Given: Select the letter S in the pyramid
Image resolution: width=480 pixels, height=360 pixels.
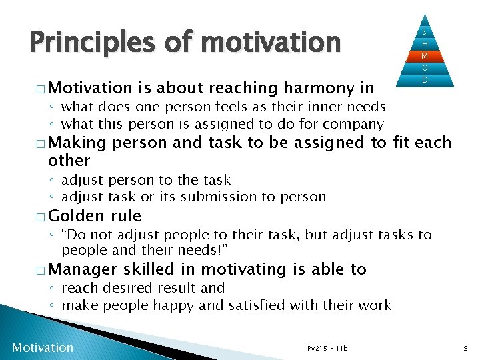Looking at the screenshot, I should pos(424,31).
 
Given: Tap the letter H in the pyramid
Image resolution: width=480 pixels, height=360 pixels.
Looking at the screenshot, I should pos(424,43).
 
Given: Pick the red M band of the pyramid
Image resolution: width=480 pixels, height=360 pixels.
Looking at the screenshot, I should pos(424,55).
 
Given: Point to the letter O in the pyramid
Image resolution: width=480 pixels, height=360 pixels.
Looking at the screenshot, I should pos(424,68).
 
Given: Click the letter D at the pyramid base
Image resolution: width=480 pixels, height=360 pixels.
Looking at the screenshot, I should pos(424,80).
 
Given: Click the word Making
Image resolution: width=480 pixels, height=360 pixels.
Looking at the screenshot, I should pos(77,143).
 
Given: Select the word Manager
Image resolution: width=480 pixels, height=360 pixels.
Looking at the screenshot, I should pos(81,269).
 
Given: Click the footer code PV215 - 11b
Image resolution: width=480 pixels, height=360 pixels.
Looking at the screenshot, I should pos(327,348).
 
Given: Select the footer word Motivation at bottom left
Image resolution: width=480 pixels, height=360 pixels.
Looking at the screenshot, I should pos(43,347).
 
